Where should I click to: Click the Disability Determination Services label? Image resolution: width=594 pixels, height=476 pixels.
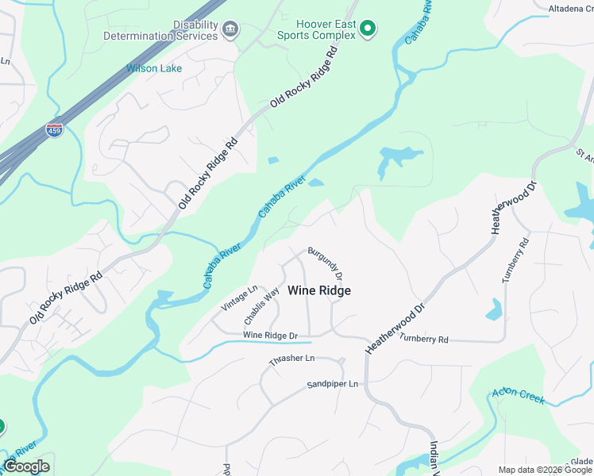click(x=160, y=30)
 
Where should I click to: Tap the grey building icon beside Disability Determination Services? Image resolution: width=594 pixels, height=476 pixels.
click(x=229, y=30)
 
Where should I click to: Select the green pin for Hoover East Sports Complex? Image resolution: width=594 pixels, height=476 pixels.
click(x=367, y=29)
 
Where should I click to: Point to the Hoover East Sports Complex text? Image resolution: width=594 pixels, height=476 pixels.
click(x=314, y=30)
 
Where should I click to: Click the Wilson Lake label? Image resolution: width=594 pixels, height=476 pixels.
click(x=154, y=68)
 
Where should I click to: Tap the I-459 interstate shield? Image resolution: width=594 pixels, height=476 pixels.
click(x=55, y=129)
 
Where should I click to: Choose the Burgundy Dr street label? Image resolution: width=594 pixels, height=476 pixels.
click(x=326, y=262)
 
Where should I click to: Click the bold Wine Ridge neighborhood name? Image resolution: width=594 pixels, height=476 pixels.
click(x=318, y=291)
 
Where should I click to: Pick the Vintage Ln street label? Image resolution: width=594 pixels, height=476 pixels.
click(x=240, y=298)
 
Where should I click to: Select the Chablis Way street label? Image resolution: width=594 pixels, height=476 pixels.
click(x=262, y=306)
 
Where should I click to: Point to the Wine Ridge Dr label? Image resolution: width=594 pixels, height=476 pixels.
click(x=270, y=336)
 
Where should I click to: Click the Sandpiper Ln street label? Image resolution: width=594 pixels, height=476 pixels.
click(x=333, y=385)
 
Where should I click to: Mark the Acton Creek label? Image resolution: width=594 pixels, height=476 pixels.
click(x=519, y=395)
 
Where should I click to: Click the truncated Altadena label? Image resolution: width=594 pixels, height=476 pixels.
click(x=570, y=9)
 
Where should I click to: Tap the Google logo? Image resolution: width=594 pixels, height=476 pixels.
click(x=26, y=466)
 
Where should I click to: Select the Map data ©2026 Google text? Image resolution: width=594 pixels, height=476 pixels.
click(x=545, y=470)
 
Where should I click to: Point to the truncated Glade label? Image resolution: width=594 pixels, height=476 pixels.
click(x=580, y=462)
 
